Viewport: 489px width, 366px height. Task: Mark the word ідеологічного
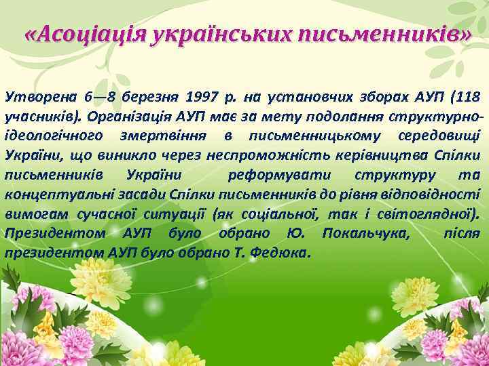54,136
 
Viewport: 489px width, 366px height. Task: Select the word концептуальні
51,195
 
